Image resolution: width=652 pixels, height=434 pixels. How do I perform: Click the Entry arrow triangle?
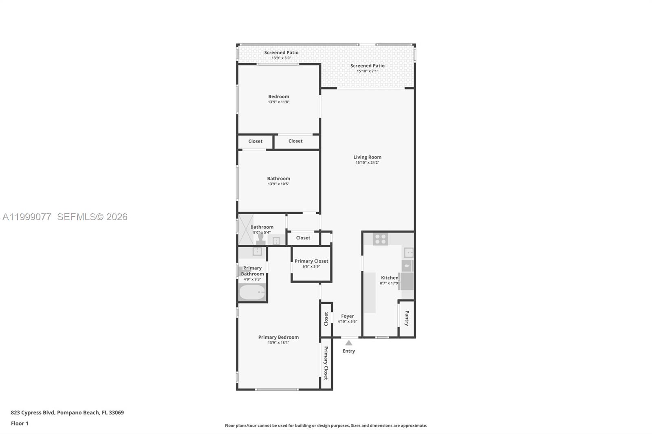(349, 343)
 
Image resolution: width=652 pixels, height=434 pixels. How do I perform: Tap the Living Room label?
(367, 157)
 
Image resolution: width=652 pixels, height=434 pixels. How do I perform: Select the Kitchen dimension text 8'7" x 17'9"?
(390, 283)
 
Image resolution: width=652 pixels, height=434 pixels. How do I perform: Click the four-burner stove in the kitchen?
(380, 239)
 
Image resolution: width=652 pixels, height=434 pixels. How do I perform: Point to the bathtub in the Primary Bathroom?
(252, 292)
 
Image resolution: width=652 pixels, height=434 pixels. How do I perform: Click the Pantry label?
(407, 318)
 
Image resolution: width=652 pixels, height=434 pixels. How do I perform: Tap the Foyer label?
(348, 316)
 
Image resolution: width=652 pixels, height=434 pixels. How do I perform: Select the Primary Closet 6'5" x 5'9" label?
(311, 261)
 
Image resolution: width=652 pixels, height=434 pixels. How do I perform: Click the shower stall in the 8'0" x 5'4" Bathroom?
(246, 229)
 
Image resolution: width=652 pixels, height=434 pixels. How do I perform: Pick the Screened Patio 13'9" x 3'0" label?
(281, 53)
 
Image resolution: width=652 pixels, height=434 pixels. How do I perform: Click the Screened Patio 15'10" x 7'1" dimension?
(368, 71)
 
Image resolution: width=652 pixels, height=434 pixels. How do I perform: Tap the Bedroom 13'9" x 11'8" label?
(279, 97)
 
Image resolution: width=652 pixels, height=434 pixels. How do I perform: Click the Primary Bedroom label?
(278, 337)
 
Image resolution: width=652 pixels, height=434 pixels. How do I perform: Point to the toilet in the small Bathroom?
(261, 239)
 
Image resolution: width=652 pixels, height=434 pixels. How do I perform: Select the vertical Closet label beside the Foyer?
(326, 319)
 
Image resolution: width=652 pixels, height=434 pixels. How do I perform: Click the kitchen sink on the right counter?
(409, 252)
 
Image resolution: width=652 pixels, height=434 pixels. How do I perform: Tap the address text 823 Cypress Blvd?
(67, 412)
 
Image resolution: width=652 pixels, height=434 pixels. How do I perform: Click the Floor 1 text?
(20, 423)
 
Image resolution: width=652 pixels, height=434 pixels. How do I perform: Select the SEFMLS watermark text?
(92, 217)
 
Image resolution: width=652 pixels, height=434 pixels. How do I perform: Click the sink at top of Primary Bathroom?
(257, 251)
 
